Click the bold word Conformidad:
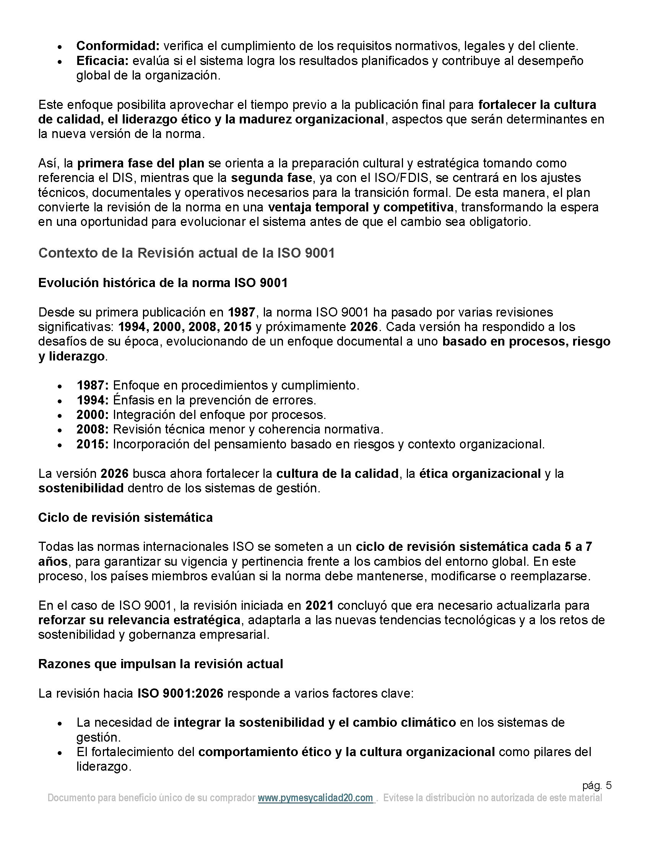click(118, 46)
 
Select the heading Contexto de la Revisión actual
click(186, 253)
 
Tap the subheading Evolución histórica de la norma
click(163, 282)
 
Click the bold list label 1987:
click(93, 385)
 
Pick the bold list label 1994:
click(93, 400)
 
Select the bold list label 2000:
click(93, 415)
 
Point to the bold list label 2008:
click(93, 429)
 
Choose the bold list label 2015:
click(93, 444)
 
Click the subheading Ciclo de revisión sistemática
click(125, 518)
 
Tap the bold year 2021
click(319, 606)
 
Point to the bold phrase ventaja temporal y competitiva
click(361, 208)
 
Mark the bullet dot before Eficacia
click(60, 62)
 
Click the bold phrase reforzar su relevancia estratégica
click(140, 620)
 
